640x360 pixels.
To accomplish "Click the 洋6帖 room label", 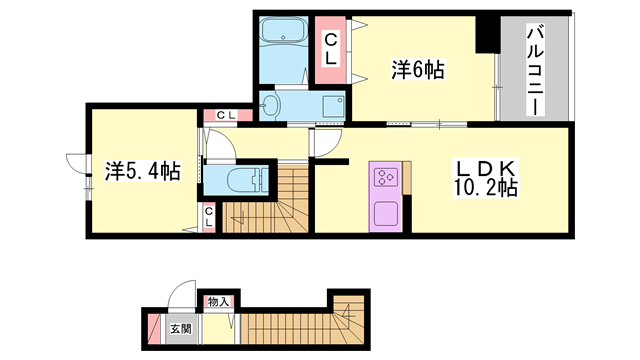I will pos(417,70).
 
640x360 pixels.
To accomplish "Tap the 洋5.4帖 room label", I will pos(142,171).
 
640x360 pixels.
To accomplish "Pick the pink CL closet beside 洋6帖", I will pos(329,47).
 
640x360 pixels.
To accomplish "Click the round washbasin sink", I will pos(272,103).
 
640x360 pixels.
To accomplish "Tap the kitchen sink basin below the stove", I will pos(385,214).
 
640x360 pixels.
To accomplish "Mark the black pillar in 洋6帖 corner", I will pos(488,36).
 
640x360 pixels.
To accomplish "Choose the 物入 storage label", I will pos(218,302).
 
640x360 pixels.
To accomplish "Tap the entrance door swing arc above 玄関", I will pos(180,297).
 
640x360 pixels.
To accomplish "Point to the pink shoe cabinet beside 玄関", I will pos(152,329).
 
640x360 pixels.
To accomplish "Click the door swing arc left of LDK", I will pos(326,145).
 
